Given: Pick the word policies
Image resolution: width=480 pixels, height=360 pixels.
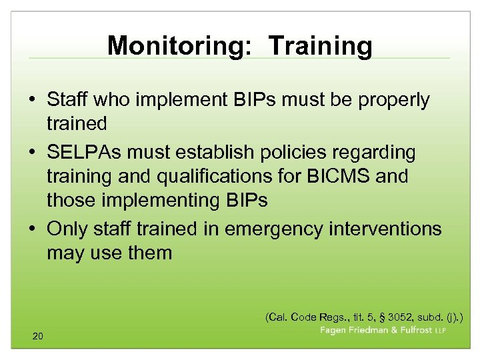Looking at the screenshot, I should (x=311, y=153).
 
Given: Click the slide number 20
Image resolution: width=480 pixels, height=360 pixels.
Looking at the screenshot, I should (x=37, y=336).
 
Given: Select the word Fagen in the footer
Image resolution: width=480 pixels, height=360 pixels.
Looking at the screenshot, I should (x=334, y=330).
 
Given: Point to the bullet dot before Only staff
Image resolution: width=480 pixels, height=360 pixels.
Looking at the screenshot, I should (x=33, y=229).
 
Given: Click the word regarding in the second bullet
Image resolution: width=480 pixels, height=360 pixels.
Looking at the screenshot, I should (x=382, y=153).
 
